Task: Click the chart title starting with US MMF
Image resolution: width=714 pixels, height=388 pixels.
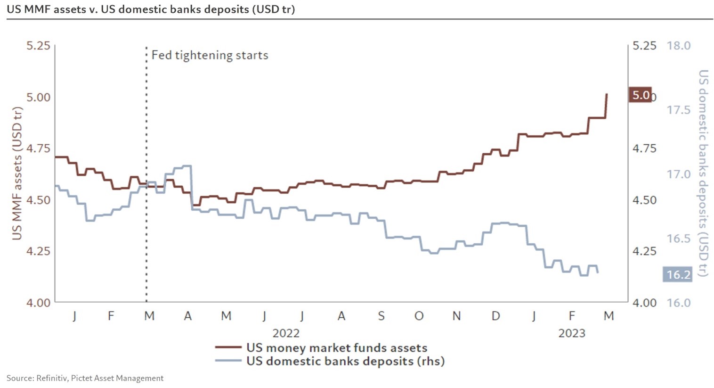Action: point(151,9)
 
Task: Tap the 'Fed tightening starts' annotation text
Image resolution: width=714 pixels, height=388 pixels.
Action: point(210,55)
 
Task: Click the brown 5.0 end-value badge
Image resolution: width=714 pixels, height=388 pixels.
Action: point(641,95)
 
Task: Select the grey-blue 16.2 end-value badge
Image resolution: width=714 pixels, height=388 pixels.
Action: point(678,274)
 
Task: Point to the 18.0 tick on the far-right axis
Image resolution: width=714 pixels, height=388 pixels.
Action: point(679,46)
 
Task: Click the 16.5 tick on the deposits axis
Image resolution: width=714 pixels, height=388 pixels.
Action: point(679,239)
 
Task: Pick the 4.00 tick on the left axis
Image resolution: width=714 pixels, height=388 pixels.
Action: point(38,303)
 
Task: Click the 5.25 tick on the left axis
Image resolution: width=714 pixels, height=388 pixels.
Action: point(38,46)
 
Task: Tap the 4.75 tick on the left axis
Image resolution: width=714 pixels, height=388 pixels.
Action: point(38,149)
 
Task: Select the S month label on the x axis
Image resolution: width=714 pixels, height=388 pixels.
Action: point(381,316)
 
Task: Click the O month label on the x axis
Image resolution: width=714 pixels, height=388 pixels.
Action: point(419,316)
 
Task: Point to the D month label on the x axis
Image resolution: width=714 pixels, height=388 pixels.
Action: point(495,316)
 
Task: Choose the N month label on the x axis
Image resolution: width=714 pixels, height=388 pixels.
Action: point(456,316)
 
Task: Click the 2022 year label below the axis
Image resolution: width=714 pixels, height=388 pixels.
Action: point(286,333)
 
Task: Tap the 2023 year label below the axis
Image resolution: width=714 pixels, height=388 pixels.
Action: point(572,333)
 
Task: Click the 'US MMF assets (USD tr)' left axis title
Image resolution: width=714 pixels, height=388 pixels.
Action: point(17,173)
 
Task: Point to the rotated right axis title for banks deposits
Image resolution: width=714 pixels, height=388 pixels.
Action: point(703,173)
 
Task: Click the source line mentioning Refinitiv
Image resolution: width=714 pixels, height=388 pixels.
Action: point(85,378)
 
